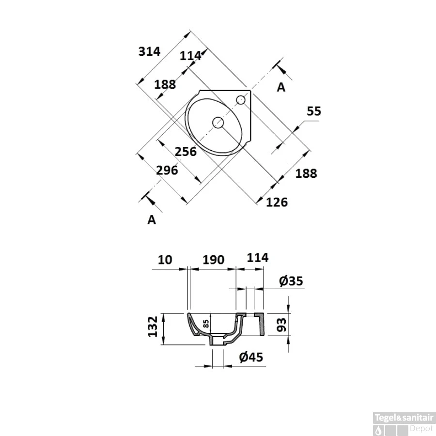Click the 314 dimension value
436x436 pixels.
[149, 51]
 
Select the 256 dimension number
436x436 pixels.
[186, 152]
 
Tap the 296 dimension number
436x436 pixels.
[167, 170]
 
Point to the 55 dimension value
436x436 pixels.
[314, 111]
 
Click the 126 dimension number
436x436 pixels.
[277, 202]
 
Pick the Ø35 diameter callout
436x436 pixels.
[291, 281]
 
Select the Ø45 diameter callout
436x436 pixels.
[251, 357]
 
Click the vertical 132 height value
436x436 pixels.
[153, 327]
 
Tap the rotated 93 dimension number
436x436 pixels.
[281, 325]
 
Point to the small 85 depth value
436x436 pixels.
[206, 324]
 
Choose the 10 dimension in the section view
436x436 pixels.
[165, 260]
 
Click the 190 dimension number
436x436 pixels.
[213, 260]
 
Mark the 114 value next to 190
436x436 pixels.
[258, 258]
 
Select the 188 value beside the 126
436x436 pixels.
[306, 173]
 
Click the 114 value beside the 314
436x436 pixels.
[190, 56]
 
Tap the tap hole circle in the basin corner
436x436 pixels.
[241, 100]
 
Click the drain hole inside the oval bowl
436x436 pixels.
[218, 123]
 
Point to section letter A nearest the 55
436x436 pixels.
[281, 87]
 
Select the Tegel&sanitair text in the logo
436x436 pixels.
[404, 418]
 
